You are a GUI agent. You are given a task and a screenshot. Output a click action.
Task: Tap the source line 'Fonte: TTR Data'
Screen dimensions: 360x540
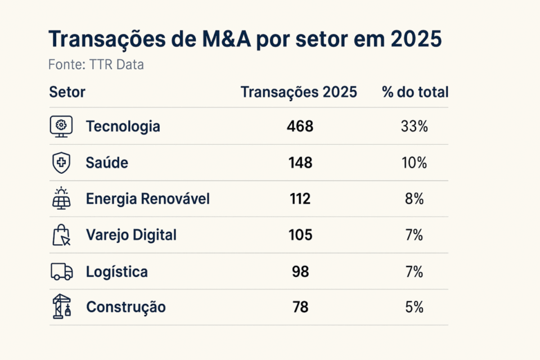coord(96,65)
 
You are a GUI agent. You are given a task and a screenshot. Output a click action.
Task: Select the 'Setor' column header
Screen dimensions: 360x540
coord(67,92)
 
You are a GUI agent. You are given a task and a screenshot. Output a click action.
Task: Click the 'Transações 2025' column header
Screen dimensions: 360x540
coord(299,92)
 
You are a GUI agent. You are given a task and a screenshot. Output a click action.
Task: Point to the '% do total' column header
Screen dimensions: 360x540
coord(415,92)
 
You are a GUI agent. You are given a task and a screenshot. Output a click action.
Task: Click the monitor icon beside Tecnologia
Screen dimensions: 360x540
coord(61,127)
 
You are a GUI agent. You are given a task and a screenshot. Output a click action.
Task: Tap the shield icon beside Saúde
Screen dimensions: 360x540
coord(61,163)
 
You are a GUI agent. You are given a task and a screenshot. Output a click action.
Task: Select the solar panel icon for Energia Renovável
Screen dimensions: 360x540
coord(61,199)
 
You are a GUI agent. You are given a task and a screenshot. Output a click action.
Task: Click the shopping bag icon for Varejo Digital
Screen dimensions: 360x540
coord(61,235)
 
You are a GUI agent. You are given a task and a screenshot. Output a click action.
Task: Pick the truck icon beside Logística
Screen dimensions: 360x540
coord(61,272)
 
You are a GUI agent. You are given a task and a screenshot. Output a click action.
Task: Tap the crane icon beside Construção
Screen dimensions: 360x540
coord(61,307)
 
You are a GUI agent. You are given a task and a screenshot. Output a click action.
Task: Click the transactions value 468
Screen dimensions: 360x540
coord(300,127)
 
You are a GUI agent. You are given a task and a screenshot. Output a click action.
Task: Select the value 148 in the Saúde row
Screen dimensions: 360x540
coord(300,163)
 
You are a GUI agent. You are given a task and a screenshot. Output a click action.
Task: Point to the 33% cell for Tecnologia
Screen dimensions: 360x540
coord(415,127)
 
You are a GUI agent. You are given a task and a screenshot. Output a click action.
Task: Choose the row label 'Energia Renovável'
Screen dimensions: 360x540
coord(147,199)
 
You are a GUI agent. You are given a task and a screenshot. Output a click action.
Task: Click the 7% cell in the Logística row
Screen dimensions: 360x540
coord(415,272)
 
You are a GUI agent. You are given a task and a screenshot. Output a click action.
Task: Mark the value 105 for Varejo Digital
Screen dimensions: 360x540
coord(300,235)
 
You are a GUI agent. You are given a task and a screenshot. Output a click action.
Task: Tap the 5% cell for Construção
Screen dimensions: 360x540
coord(415,308)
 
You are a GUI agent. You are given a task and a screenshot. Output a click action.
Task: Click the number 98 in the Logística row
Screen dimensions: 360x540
coord(300,272)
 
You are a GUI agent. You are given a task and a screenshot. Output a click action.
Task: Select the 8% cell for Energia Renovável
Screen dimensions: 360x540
coord(415,199)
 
